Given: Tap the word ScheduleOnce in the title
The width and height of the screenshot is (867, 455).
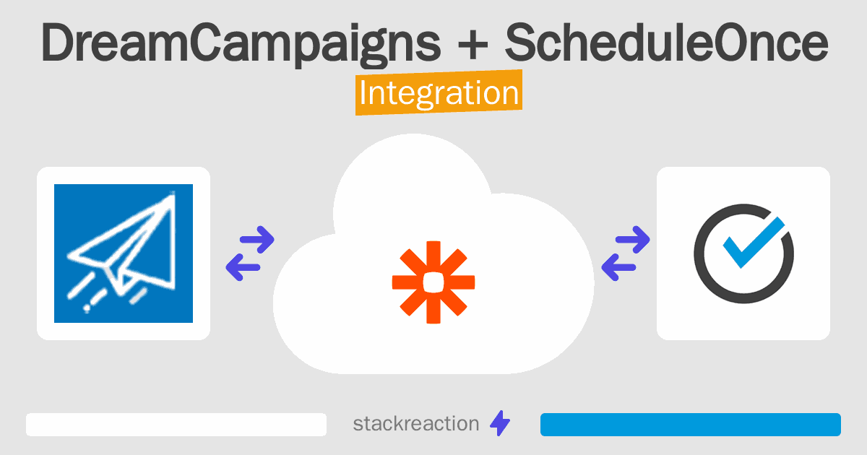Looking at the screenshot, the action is point(666,42).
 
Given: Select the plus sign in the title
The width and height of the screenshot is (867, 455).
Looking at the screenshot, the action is point(473,45).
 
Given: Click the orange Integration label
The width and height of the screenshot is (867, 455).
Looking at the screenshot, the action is point(439,92).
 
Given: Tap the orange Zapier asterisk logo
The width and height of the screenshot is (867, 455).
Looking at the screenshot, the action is point(433,282).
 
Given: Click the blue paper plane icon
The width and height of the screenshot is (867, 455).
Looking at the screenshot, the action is point(124,253).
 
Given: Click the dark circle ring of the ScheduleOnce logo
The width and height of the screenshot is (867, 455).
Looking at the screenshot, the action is point(696,253).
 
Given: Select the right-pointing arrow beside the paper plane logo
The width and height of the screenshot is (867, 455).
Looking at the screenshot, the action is point(257,240).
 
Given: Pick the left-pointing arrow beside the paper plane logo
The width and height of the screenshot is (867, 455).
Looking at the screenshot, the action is point(243,267).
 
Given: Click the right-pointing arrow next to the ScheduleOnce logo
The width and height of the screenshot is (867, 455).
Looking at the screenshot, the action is point(632,240).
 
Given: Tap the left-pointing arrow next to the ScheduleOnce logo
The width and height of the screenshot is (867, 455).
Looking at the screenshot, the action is point(618,267).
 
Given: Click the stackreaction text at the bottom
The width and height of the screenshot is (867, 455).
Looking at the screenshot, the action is point(416,424).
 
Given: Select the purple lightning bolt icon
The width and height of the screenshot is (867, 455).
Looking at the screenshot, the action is point(500,423).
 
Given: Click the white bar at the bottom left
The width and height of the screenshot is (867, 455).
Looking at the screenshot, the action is point(176,425).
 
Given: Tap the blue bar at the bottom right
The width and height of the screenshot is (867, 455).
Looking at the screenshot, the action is point(691,425).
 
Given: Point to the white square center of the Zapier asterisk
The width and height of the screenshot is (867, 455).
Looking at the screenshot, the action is point(433,282).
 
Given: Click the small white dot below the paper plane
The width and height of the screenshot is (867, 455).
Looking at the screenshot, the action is point(87,308).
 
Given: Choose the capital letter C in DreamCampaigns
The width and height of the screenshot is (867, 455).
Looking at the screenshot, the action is point(208,42).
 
